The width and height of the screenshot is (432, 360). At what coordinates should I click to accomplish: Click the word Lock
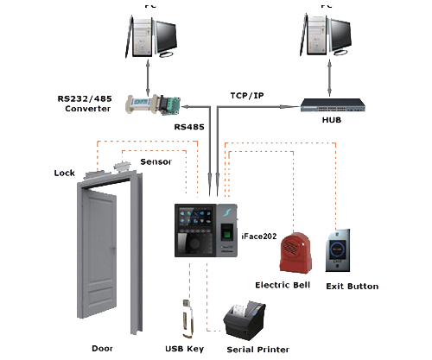click(65, 173)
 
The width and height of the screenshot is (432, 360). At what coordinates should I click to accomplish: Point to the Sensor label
click(156, 161)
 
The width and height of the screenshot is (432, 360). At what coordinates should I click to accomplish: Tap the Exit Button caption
click(352, 286)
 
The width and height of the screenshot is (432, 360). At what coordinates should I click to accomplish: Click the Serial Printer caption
click(257, 350)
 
